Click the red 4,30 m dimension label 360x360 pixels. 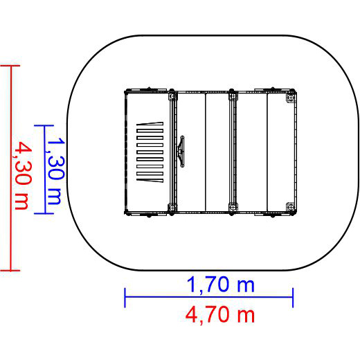(x=22, y=175)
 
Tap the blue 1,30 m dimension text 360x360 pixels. (x=55, y=171)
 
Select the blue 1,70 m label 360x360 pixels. (x=221, y=285)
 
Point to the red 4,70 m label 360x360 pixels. (x=220, y=315)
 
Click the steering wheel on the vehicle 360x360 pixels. (x=181, y=151)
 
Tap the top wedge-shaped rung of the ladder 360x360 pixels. (x=150, y=123)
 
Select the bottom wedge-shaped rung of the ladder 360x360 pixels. (x=150, y=181)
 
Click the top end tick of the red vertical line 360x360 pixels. (x=10, y=66)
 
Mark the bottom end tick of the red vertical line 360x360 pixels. (x=10, y=270)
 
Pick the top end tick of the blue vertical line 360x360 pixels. (x=44, y=125)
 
